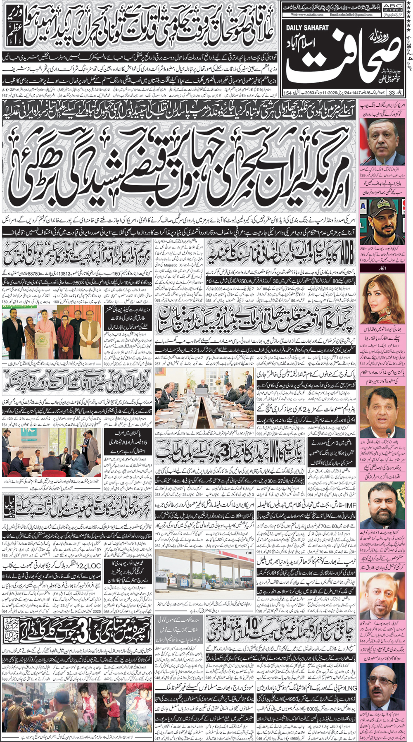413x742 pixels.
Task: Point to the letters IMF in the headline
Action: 349,505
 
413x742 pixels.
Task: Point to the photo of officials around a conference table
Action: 204,391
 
